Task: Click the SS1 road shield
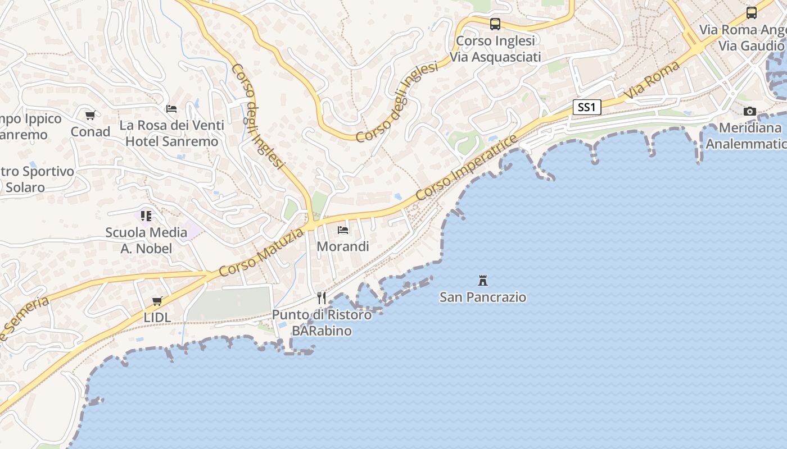pyautogui.click(x=586, y=107)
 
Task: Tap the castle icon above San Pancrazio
pyautogui.click(x=482, y=280)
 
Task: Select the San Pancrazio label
pyautogui.click(x=483, y=297)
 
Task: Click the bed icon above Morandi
pyautogui.click(x=343, y=230)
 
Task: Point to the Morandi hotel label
pyautogui.click(x=343, y=246)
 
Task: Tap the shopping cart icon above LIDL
pyautogui.click(x=157, y=301)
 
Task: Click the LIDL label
pyautogui.click(x=157, y=317)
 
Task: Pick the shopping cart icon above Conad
pyautogui.click(x=90, y=116)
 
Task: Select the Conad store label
pyautogui.click(x=90, y=132)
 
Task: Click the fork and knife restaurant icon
pyautogui.click(x=322, y=297)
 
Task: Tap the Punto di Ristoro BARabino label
pyautogui.click(x=322, y=323)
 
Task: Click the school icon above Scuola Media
pyautogui.click(x=146, y=216)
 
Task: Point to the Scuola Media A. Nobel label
pyautogui.click(x=146, y=240)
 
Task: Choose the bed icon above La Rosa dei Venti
pyautogui.click(x=171, y=108)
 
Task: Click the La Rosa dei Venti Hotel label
pyautogui.click(x=171, y=133)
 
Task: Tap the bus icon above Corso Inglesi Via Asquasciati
pyautogui.click(x=495, y=24)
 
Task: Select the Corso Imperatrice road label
pyautogui.click(x=466, y=168)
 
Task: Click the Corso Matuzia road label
pyautogui.click(x=261, y=253)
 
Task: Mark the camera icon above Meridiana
pyautogui.click(x=750, y=112)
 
